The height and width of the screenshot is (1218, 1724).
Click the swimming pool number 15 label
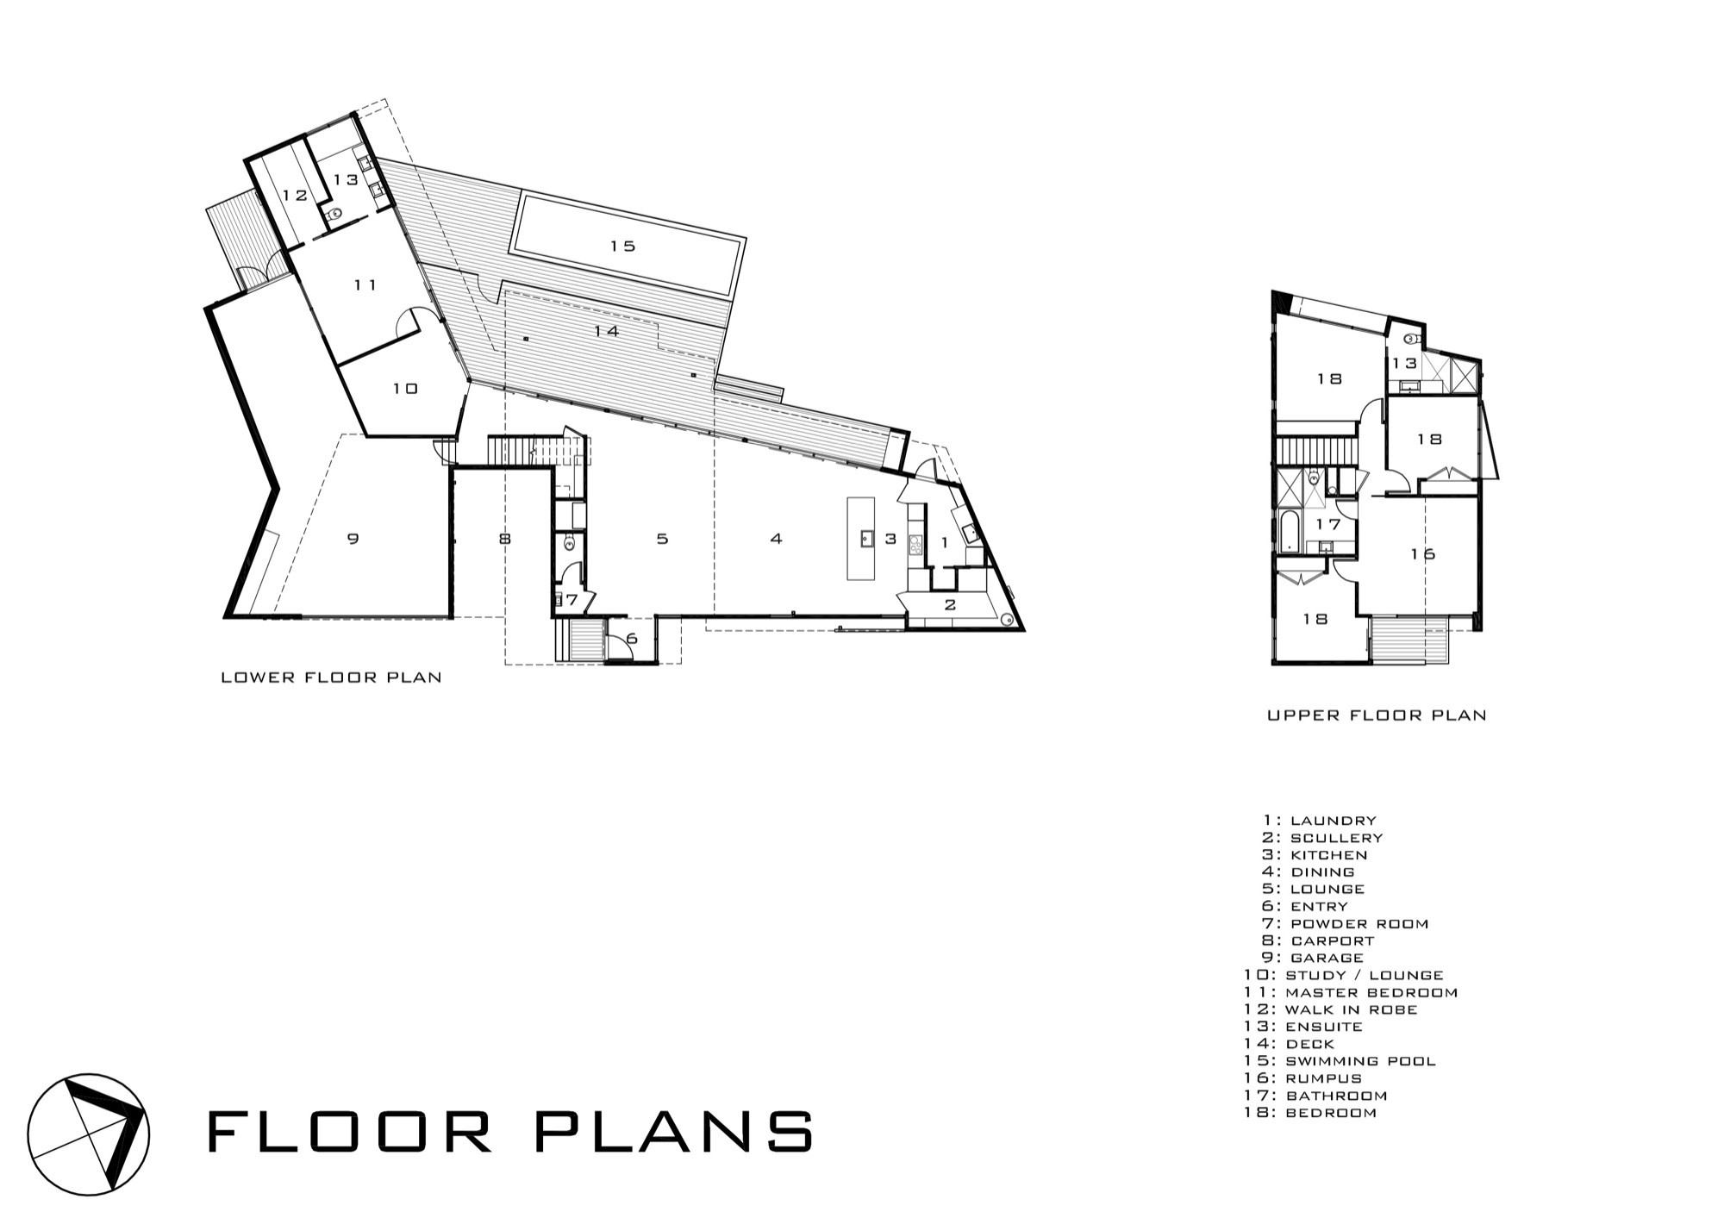[622, 247]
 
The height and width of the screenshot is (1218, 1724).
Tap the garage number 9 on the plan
[353, 540]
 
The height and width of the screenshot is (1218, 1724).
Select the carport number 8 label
[505, 540]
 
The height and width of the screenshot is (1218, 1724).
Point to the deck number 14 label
[607, 331]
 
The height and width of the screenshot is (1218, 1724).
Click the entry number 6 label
[632, 639]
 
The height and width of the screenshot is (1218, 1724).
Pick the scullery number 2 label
[951, 605]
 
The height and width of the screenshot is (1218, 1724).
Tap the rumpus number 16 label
[1422, 554]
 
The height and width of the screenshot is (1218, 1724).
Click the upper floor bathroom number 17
[1328, 524]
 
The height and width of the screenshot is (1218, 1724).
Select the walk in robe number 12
[295, 196]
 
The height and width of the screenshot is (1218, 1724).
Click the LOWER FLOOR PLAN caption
[332, 678]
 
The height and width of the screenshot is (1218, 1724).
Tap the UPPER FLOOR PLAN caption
[1377, 715]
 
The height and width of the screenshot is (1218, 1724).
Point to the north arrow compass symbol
[88, 1134]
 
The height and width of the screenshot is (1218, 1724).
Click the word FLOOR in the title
[350, 1132]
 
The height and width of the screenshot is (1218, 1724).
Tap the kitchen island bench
[860, 538]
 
